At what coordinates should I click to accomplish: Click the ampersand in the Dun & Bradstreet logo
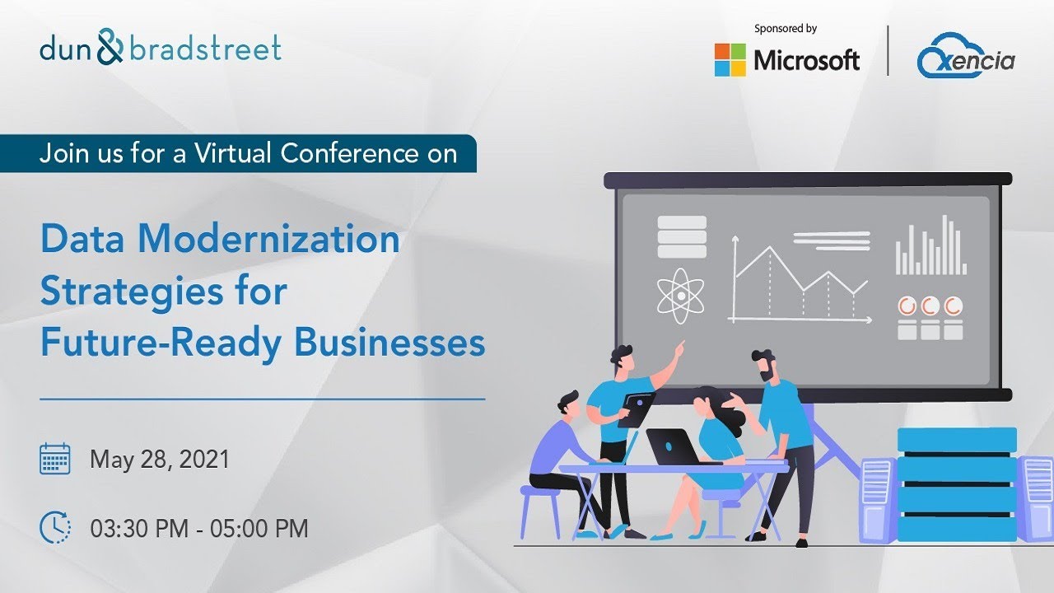pyautogui.click(x=110, y=49)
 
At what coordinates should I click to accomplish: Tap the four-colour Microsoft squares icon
pyautogui.click(x=730, y=59)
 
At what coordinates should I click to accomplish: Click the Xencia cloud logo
pyautogui.click(x=966, y=57)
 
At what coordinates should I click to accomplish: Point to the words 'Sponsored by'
pyautogui.click(x=785, y=29)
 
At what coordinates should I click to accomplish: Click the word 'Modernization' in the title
pyautogui.click(x=268, y=240)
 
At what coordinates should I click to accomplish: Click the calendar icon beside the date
pyautogui.click(x=55, y=458)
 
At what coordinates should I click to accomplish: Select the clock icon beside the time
pyautogui.click(x=55, y=527)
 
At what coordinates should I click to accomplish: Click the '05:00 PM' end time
pyautogui.click(x=259, y=528)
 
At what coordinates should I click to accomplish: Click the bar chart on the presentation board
pyautogui.click(x=931, y=246)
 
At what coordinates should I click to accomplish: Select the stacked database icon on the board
pyautogui.click(x=682, y=236)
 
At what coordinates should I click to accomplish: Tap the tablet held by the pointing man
pyautogui.click(x=637, y=408)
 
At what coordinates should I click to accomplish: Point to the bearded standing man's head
pyautogui.click(x=764, y=364)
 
